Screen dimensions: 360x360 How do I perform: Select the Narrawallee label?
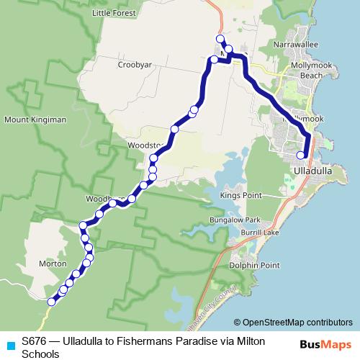click(292, 44)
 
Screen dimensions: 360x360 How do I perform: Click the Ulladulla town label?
click(313, 171)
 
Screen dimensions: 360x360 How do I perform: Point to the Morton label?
click(53, 264)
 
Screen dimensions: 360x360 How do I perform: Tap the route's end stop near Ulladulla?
click(301, 155)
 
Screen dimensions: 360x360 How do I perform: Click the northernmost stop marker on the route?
click(220, 39)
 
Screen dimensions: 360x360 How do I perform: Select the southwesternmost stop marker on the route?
click(51, 302)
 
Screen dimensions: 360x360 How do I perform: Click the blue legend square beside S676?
click(9, 345)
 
